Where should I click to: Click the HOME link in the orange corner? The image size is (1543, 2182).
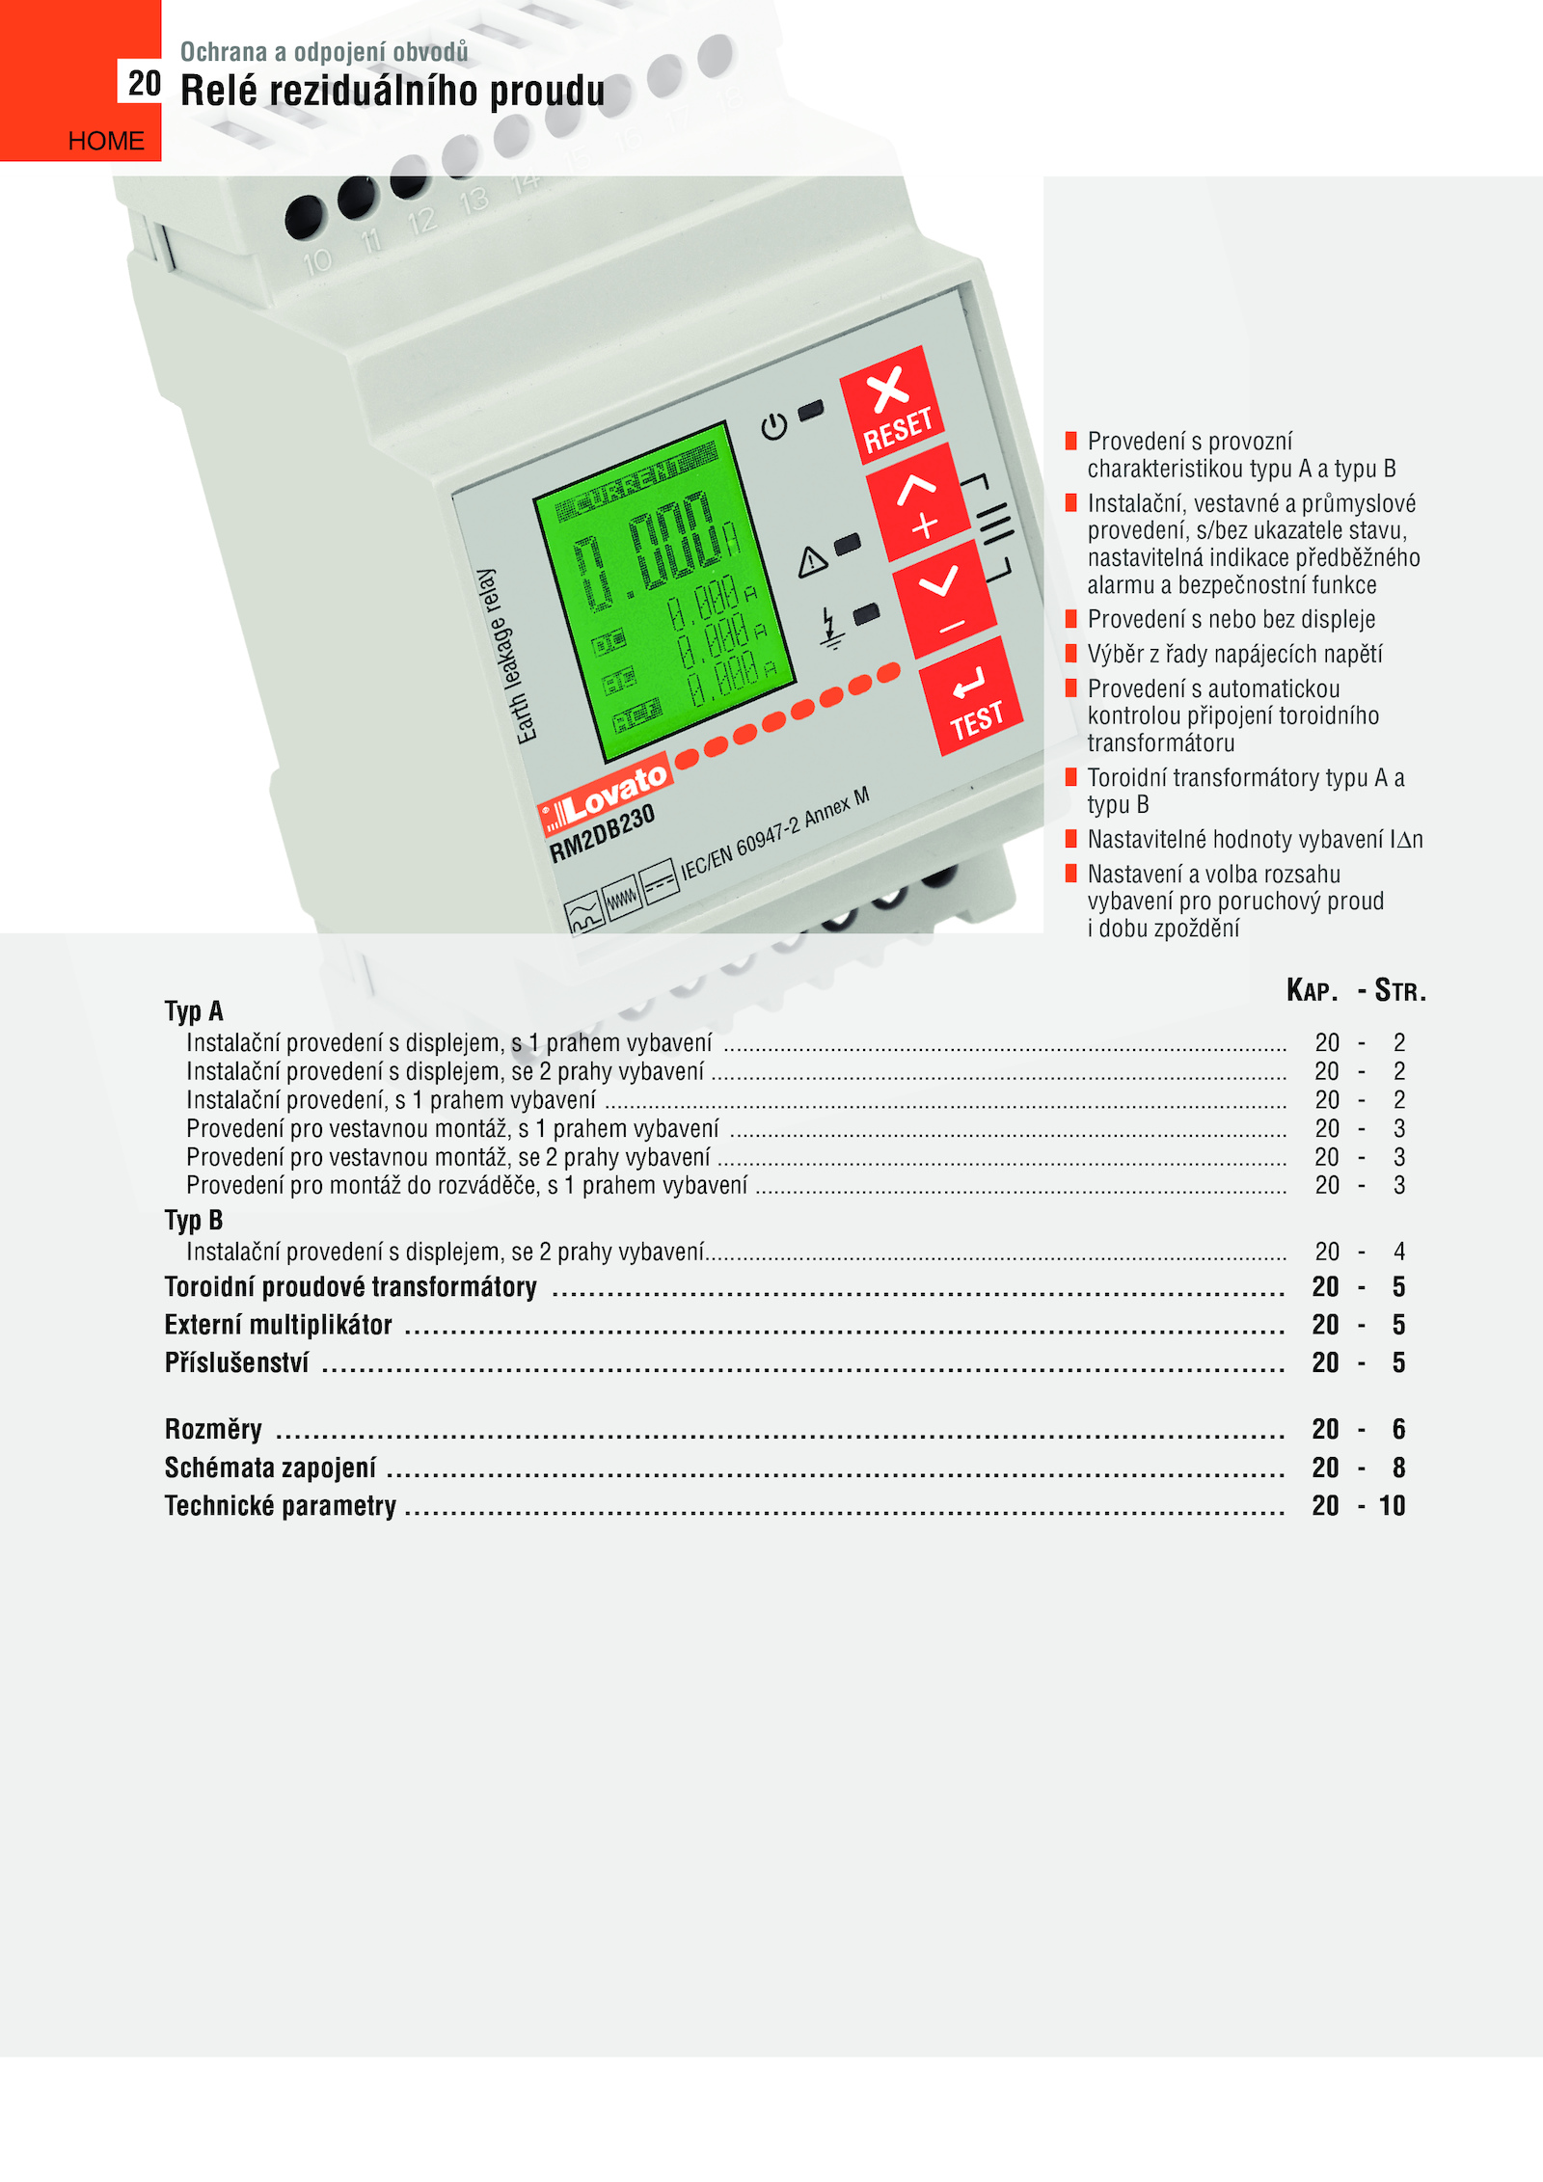(x=106, y=141)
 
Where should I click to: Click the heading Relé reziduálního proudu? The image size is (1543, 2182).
(x=393, y=91)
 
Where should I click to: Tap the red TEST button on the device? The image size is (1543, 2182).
(x=972, y=696)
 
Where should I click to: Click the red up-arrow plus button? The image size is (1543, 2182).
(x=918, y=503)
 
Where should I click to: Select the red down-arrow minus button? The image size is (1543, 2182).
(x=944, y=600)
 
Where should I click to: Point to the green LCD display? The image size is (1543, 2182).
(x=664, y=590)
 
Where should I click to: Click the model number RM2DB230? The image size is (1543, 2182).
(x=602, y=833)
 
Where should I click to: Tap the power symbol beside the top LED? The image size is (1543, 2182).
(x=773, y=426)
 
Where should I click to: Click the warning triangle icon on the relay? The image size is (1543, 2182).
(x=812, y=560)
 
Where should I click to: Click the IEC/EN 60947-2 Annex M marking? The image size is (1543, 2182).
(x=775, y=833)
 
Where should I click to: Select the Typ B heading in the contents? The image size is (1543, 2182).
(x=194, y=1221)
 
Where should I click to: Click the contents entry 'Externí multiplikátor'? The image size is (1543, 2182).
(x=279, y=1325)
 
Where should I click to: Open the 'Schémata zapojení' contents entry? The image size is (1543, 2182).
(x=270, y=1468)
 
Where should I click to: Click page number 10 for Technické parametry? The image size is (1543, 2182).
(x=1392, y=1505)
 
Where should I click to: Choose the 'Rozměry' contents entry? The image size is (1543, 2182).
(x=213, y=1429)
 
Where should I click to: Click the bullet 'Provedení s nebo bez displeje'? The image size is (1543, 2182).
(x=1232, y=619)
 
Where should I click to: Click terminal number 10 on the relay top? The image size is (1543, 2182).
(x=317, y=261)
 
